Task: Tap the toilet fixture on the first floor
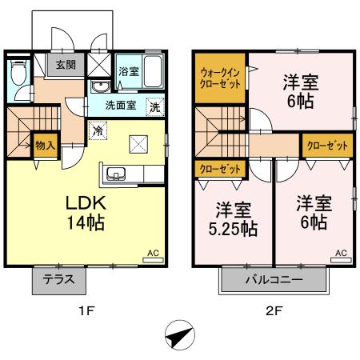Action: click(19, 74)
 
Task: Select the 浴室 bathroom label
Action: click(127, 70)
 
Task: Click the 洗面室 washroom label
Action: click(121, 105)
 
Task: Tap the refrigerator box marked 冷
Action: click(97, 129)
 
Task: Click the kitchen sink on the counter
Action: click(113, 174)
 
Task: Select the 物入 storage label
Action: click(45, 146)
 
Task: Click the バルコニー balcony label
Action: click(274, 281)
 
